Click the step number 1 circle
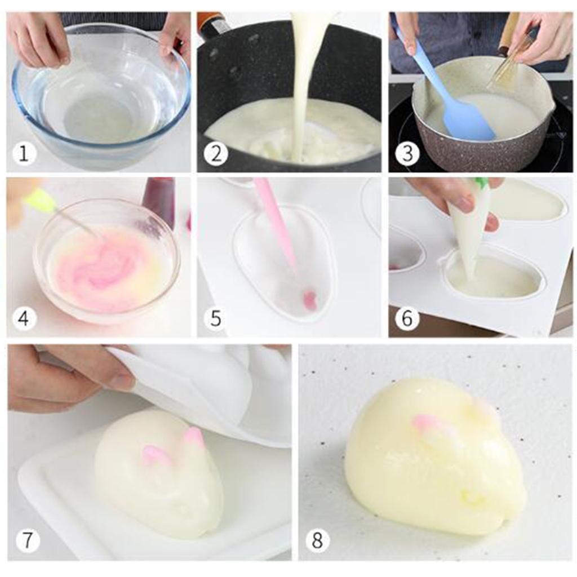click(24, 153)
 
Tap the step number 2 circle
click(216, 153)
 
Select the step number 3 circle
click(407, 153)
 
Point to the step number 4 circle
click(24, 318)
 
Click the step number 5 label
click(216, 318)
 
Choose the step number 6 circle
click(407, 318)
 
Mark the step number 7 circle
click(28, 540)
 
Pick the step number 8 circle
click(317, 540)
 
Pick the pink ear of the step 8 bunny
click(427, 423)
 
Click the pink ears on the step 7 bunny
click(173, 447)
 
